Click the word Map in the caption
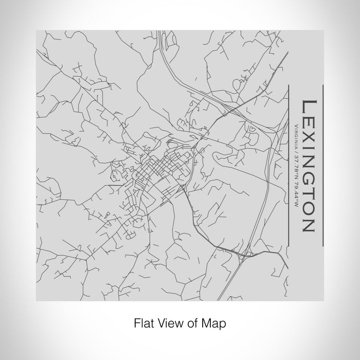coord(215,323)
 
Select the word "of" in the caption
coord(194,323)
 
